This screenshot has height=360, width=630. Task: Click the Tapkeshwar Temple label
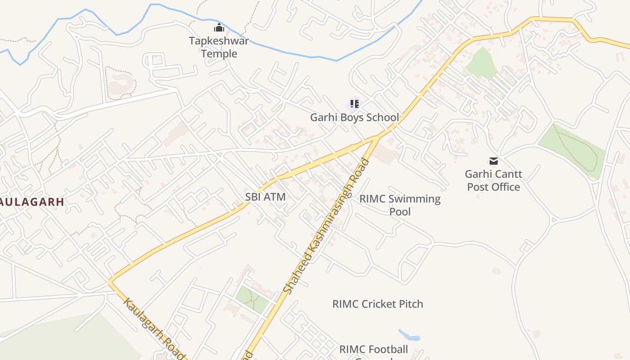click(219, 47)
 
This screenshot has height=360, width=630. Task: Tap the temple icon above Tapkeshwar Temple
click(219, 27)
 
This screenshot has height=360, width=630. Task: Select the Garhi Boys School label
click(354, 117)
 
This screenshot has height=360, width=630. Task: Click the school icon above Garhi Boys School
click(354, 104)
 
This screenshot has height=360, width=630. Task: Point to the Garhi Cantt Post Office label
click(493, 180)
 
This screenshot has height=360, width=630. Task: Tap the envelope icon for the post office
click(494, 161)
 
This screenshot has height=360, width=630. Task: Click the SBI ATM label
click(265, 197)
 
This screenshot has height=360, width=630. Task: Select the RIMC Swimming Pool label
click(400, 205)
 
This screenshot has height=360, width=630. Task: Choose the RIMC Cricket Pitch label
click(378, 304)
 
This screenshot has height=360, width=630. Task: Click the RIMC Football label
click(373, 349)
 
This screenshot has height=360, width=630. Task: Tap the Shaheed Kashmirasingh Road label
click(327, 225)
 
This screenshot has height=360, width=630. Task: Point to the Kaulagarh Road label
click(154, 328)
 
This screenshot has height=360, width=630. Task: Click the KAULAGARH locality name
click(31, 202)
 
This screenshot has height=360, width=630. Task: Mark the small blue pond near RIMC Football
click(409, 335)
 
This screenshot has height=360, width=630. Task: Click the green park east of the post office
click(571, 148)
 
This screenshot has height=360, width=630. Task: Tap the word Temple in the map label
click(219, 54)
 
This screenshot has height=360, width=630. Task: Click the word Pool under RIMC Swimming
click(400, 211)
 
